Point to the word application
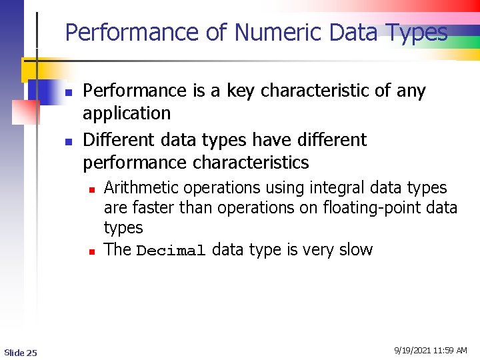click(127, 113)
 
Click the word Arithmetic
click(141, 188)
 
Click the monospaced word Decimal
click(171, 251)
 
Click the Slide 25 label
click(21, 352)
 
